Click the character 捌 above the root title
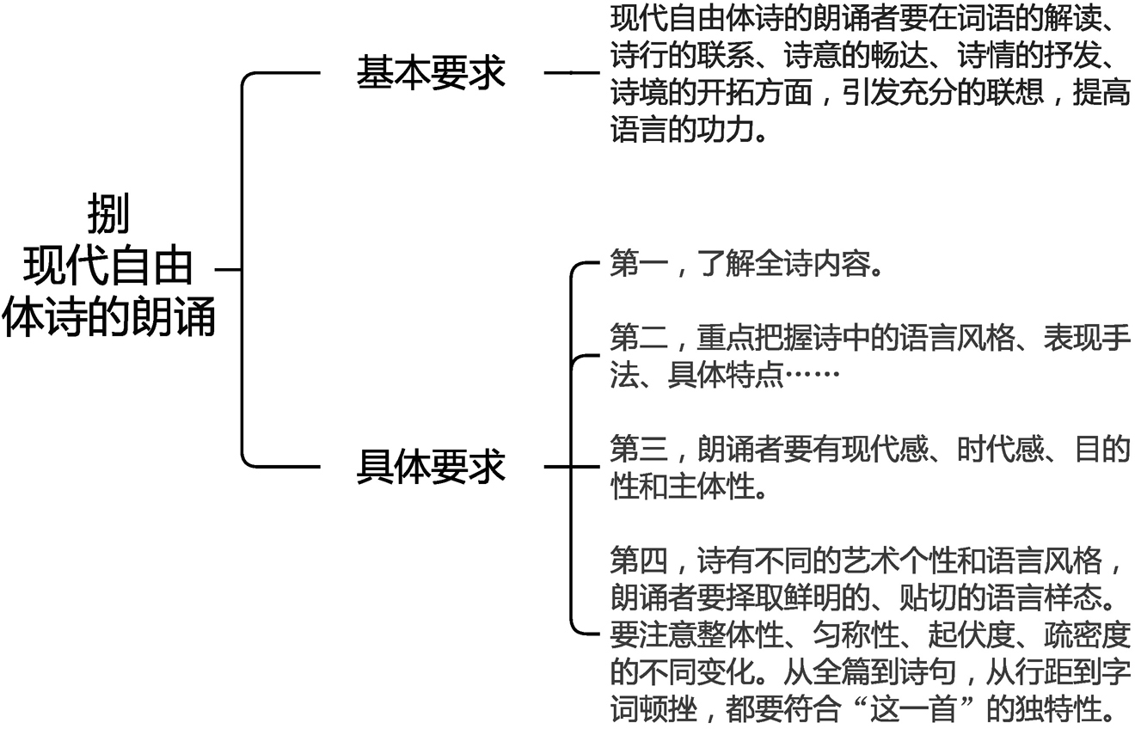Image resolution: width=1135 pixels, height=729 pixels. [x=108, y=215]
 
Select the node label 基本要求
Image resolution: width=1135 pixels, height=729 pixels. [x=432, y=74]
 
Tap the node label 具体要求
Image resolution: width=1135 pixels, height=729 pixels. [x=432, y=468]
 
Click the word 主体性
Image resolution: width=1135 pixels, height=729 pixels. [x=696, y=487]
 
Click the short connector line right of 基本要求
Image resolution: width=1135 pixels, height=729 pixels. [x=571, y=74]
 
